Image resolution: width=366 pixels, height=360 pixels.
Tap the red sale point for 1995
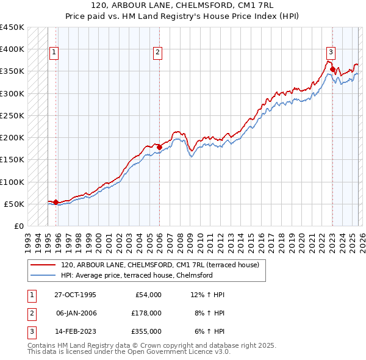[x=56, y=202]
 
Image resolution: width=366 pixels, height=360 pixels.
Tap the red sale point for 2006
[x=159, y=147]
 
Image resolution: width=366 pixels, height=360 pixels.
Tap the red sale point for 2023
[x=332, y=69]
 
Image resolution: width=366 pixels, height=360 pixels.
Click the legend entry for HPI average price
[x=136, y=275]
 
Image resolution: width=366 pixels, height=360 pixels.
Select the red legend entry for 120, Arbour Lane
[x=160, y=265]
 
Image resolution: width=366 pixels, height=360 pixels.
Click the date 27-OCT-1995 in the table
[x=76, y=295]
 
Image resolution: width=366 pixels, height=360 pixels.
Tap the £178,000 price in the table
[x=146, y=313]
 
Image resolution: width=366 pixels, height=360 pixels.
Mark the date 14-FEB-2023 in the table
[x=76, y=331]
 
